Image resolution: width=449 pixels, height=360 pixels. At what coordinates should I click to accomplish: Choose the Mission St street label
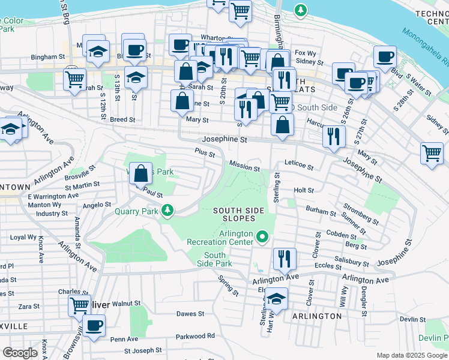[244, 164]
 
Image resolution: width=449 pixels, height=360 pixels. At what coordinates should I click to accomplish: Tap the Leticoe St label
[299, 164]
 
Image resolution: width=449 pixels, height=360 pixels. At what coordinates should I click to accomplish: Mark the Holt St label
[304, 190]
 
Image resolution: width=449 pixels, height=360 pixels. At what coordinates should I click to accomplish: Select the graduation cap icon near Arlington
[276, 298]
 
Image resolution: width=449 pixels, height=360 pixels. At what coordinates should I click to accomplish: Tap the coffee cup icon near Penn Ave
[93, 326]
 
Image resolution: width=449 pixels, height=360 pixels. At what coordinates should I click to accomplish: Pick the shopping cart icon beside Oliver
[79, 305]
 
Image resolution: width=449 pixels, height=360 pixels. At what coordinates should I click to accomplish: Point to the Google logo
[20, 353]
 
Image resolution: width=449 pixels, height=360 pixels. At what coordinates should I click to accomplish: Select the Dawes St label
[190, 313]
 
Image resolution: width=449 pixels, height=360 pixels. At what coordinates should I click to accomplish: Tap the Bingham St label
[48, 57]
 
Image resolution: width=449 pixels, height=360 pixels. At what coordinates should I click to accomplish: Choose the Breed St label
[122, 119]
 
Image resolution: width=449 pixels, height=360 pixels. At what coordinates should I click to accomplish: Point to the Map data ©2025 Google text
[412, 355]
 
